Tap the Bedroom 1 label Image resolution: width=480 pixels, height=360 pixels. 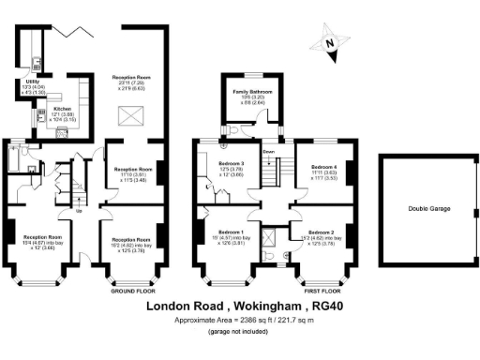[231, 231]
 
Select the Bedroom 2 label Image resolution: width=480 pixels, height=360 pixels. [321, 231]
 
